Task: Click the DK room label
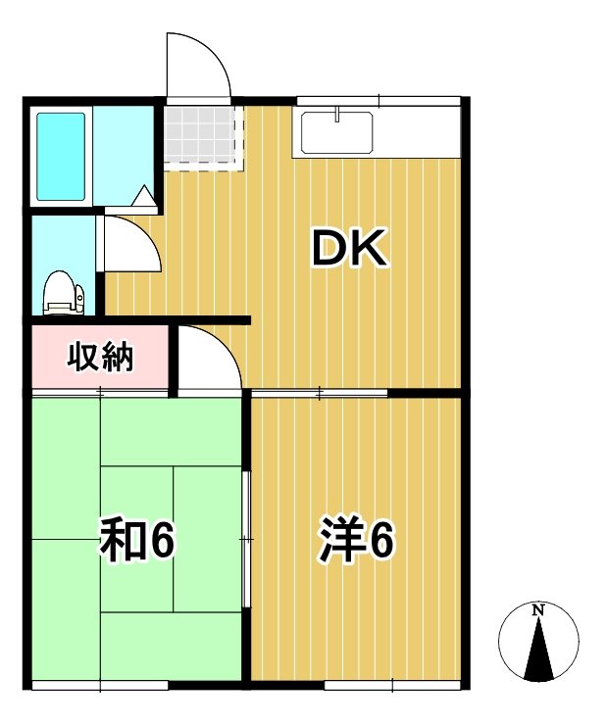click(351, 249)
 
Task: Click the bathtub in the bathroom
click(61, 157)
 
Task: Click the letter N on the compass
click(537, 610)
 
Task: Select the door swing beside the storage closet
click(208, 361)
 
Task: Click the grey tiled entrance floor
click(201, 136)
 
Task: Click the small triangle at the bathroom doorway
click(144, 197)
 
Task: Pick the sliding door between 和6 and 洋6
click(247, 539)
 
